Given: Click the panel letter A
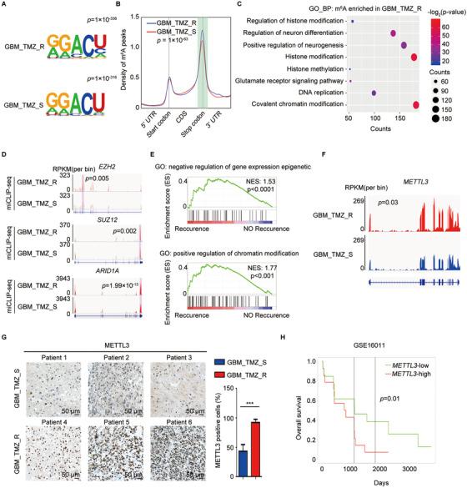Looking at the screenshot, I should pos(6,6).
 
